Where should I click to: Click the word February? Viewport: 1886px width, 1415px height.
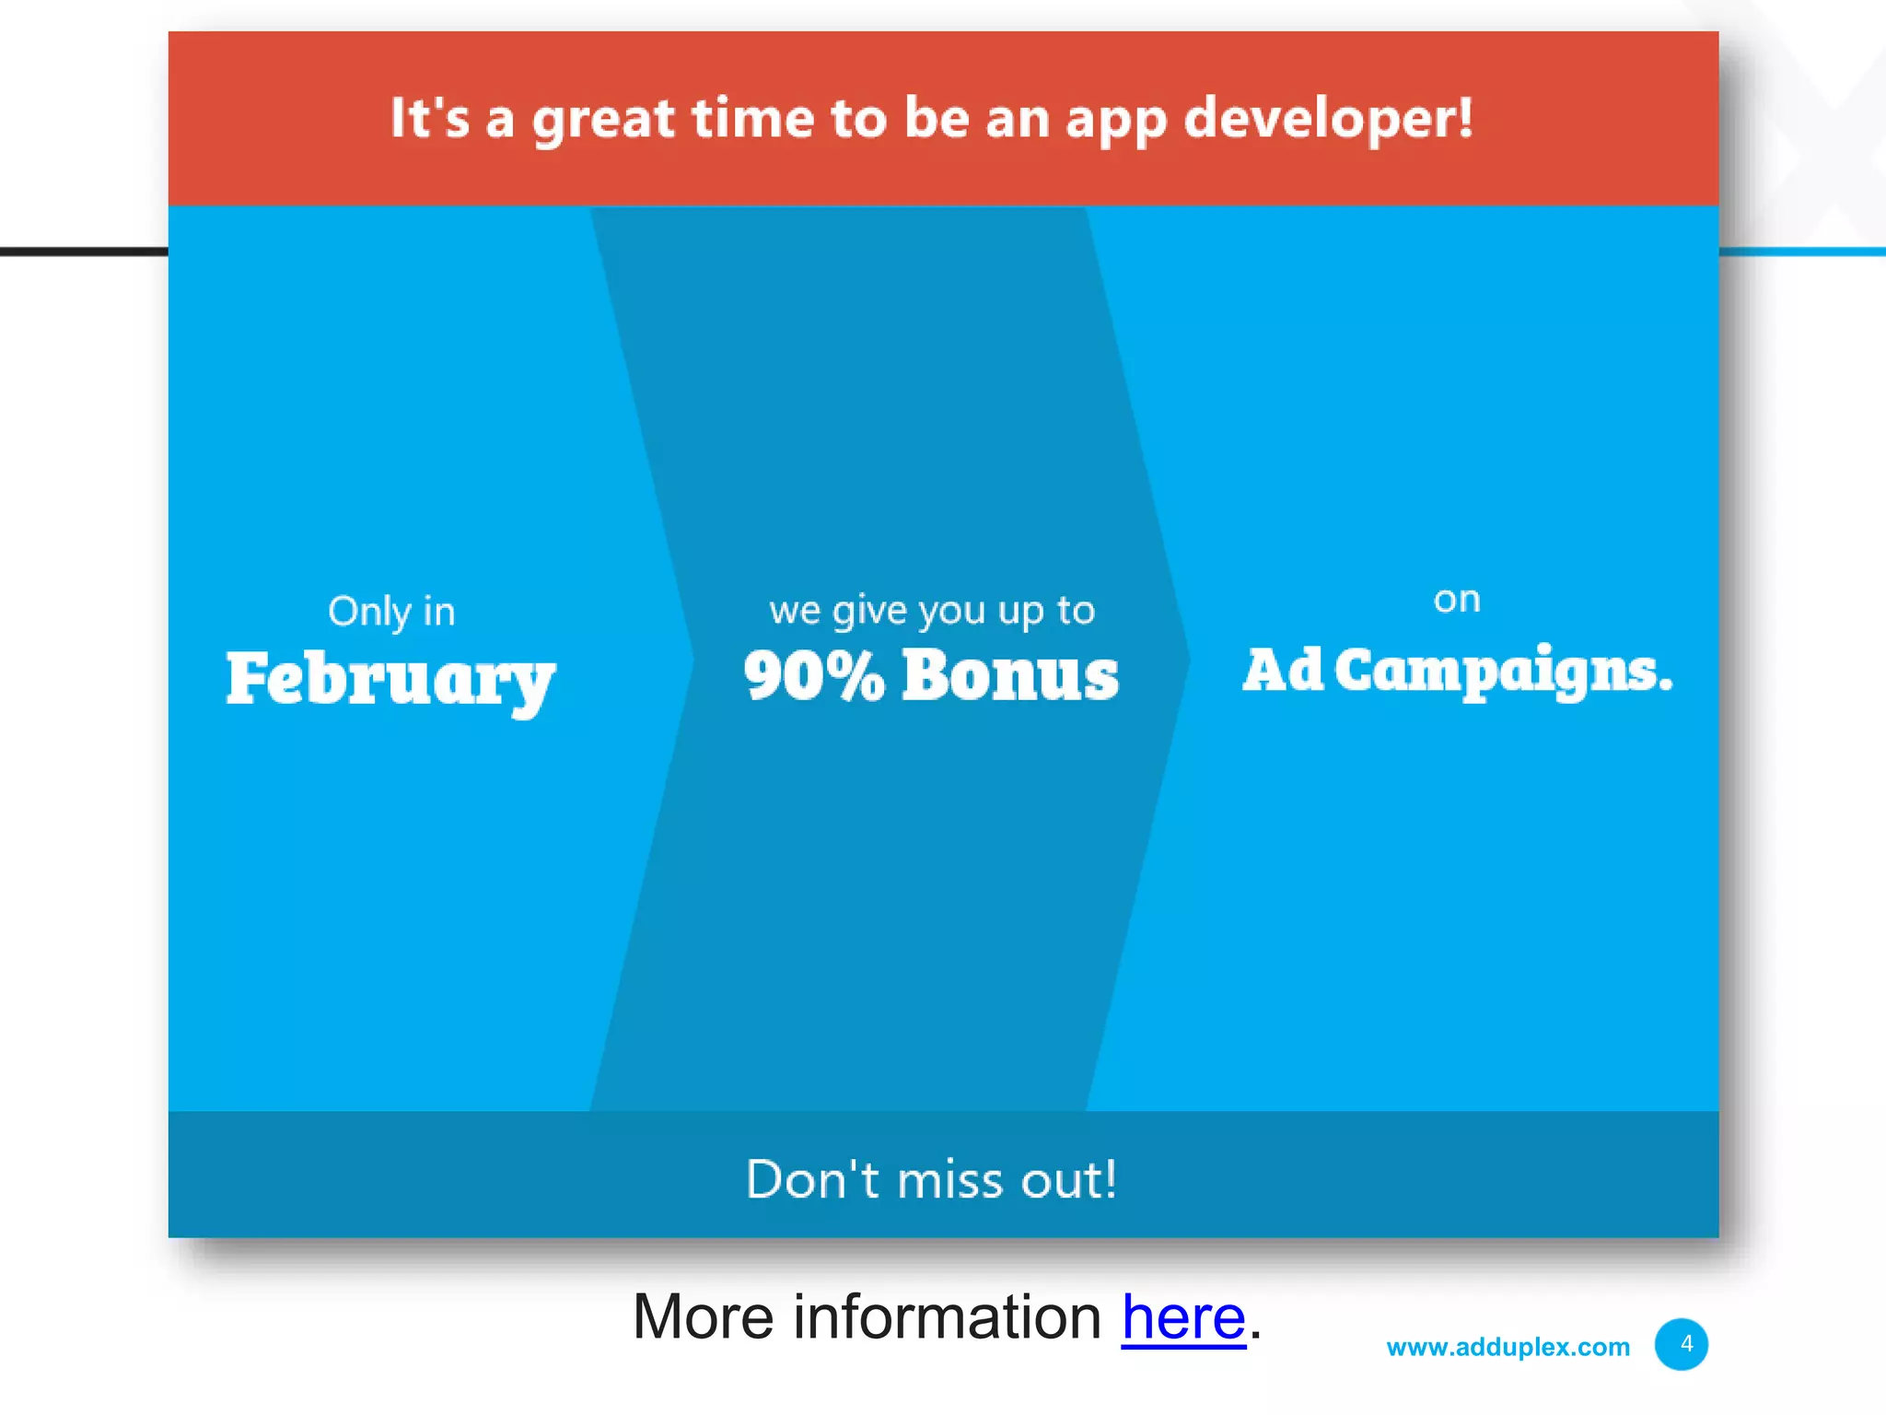point(390,680)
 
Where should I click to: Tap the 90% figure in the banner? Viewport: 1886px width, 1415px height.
point(813,675)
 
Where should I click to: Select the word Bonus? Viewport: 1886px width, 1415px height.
point(1010,675)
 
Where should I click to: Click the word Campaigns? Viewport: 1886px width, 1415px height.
point(1502,671)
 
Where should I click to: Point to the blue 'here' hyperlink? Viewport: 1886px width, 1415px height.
point(1183,1317)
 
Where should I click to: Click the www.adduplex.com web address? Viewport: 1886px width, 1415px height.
point(1508,1347)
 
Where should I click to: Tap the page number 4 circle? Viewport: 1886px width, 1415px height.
point(1682,1344)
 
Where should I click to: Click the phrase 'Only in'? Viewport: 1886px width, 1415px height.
point(391,612)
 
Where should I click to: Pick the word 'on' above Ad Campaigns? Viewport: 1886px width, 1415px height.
point(1457,600)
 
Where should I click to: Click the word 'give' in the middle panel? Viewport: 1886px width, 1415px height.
point(869,611)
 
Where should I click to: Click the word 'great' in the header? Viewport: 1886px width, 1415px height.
point(603,121)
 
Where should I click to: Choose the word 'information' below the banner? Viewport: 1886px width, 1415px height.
point(947,1317)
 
